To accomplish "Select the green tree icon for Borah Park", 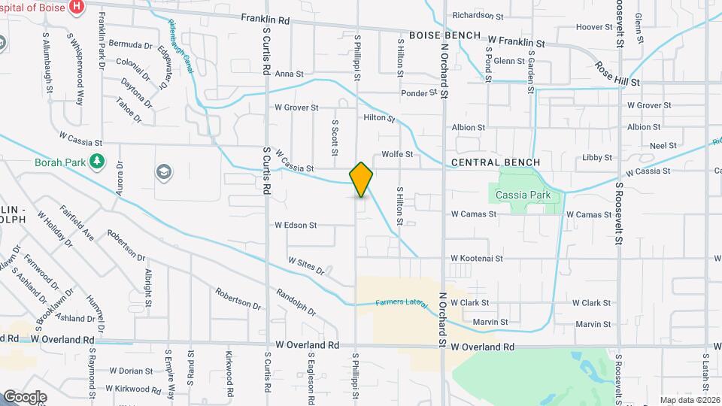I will coord(96,160).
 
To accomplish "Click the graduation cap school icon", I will coord(162,173).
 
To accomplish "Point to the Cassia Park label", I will coord(529,195).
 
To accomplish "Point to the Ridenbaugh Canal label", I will coord(181,46).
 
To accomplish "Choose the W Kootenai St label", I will coord(487,258).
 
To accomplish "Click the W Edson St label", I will coord(296,225).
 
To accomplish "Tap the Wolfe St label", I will coord(398,154).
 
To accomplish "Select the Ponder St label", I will coord(419,93).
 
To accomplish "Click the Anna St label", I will coord(289,74).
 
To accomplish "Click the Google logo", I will coord(25,396).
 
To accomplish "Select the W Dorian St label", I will coord(131,371).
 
